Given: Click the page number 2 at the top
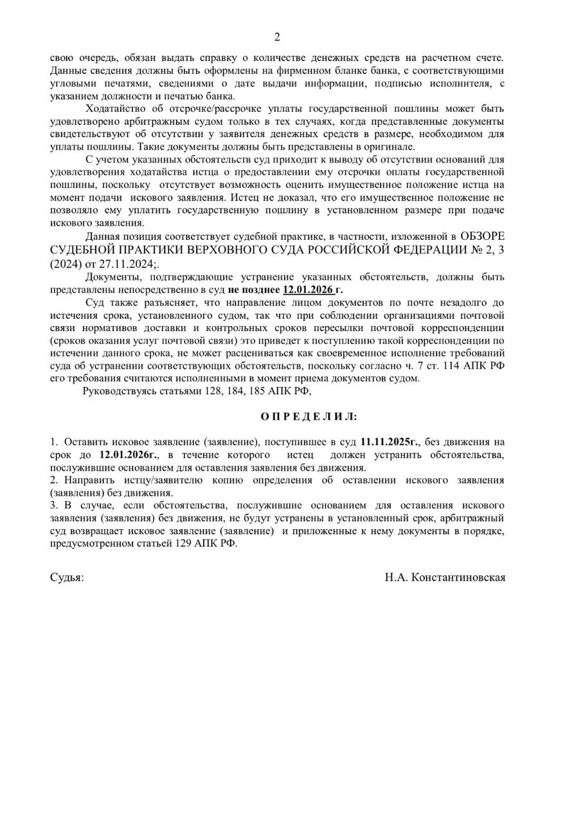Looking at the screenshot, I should pos(277,37).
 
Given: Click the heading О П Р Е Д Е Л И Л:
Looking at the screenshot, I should pos(309,417).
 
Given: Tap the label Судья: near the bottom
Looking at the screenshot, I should pos(67,577).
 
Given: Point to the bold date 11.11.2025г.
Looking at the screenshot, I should pos(390,442).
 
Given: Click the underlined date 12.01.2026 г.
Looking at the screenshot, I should pos(312,290).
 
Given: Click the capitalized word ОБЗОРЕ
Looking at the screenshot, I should pos(483,237).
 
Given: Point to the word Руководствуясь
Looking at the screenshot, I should pos(121,391).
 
